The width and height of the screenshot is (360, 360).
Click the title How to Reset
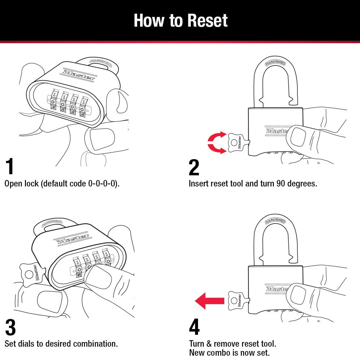180,21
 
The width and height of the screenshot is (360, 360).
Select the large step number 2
194,167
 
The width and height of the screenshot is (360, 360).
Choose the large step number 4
194,327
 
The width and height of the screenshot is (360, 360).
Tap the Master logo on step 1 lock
79,75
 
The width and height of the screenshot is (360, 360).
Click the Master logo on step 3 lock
72,238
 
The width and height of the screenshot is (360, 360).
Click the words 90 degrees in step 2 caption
297,184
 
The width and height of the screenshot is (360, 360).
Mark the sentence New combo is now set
229,353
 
